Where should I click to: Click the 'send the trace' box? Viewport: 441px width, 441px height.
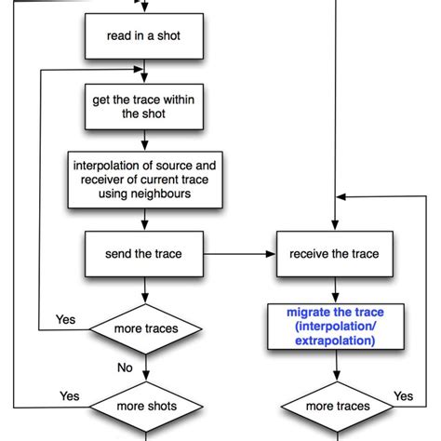pos(144,253)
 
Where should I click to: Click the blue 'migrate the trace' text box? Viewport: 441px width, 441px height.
pos(335,327)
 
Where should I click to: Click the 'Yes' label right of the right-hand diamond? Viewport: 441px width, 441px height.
pos(404,395)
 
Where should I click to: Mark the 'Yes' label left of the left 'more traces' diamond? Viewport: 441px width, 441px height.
pos(65,319)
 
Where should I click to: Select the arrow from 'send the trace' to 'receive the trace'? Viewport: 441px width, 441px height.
pos(239,253)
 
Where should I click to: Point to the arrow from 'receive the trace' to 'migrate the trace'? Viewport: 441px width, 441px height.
pos(335,288)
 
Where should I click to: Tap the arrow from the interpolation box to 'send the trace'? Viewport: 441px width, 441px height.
pos(144,219)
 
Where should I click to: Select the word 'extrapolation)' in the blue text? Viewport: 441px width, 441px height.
pos(335,341)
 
